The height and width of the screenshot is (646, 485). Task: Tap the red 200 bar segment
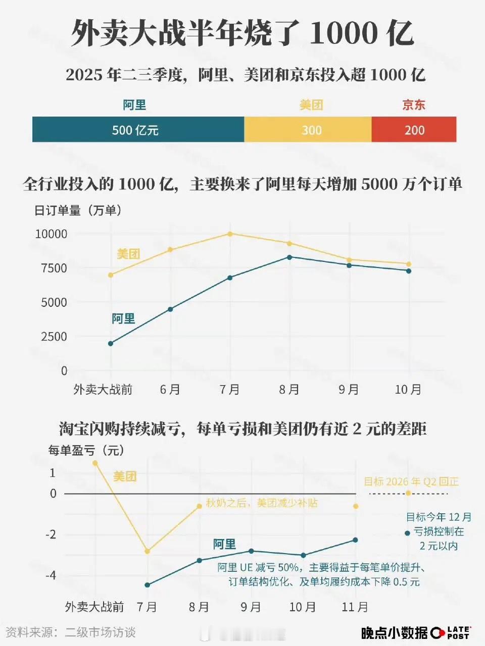tap(414, 130)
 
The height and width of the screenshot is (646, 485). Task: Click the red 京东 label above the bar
tap(414, 105)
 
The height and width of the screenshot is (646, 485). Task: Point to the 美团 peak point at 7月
tap(230, 234)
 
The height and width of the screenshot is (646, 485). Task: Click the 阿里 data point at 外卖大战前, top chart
tap(111, 344)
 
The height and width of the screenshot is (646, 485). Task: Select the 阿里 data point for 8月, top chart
tap(289, 257)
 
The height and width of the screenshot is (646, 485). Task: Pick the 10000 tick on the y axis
tap(51, 234)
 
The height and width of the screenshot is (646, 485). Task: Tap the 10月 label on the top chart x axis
tap(408, 390)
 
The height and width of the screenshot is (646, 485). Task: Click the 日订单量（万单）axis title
tap(78, 210)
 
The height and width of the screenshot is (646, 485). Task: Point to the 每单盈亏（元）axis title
tap(86, 450)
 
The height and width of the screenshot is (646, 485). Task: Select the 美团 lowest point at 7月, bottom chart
tap(147, 552)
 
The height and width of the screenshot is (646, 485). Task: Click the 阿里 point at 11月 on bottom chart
tap(355, 540)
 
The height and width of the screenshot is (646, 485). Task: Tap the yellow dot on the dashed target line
tap(408, 493)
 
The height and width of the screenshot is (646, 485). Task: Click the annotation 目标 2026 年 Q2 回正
tap(411, 481)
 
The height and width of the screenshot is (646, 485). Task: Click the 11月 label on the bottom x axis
tap(355, 607)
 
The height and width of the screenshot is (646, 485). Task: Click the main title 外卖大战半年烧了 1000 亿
tap(243, 34)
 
